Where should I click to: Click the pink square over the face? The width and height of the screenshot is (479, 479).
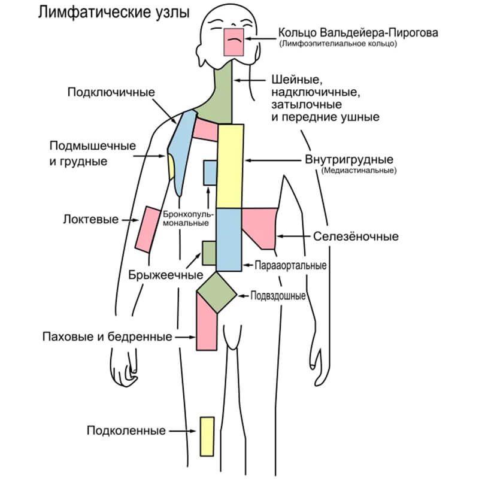pos(234,42)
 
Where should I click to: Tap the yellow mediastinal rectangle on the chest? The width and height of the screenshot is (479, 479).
pos(230,166)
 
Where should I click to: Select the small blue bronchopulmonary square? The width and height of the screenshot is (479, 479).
pos(210,172)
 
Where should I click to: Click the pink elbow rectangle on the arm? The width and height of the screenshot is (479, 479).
pos(148,229)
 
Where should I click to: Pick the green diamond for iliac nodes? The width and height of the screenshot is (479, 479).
pos(217,293)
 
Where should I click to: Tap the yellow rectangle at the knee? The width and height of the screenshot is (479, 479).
pos(207,436)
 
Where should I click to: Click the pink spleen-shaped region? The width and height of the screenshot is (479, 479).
pos(260,228)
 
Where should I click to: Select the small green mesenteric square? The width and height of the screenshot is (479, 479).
pos(209,253)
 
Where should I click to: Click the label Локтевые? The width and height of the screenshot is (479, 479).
pos(91,219)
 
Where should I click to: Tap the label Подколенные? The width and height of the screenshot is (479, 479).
pos(126,431)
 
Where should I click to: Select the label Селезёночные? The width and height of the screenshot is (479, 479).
pos(356,236)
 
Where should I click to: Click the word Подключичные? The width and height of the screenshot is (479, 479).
pos(111,92)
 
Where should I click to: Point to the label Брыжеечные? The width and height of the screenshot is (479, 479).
pos(166,275)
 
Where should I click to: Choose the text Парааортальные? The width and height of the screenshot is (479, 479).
pos(290,265)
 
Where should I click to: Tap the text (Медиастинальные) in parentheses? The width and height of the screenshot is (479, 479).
pos(359,170)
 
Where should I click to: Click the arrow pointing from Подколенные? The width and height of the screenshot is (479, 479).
pos(183,431)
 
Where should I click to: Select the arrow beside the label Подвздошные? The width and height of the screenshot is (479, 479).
pos(244,296)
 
